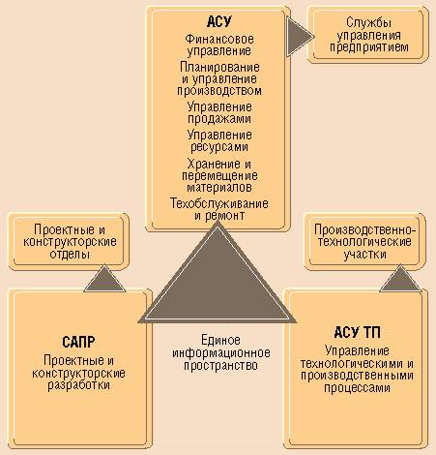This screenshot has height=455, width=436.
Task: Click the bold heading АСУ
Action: [219, 21]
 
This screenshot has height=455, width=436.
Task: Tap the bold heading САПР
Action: [78, 342]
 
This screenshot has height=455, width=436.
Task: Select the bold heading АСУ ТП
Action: [357, 332]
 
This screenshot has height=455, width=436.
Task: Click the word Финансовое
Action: [219, 39]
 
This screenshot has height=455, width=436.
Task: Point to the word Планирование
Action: [219, 67]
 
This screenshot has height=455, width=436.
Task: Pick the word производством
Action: [219, 91]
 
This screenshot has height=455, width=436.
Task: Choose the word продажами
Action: [219, 118]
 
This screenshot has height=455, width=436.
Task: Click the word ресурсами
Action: [219, 147]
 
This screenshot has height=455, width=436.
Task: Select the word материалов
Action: [219, 187]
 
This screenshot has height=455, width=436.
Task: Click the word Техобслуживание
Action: [219, 203]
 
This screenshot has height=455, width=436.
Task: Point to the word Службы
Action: [369, 22]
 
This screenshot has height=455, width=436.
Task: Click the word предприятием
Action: [369, 47]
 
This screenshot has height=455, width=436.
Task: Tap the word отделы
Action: [70, 255]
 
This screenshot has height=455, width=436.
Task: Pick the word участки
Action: [364, 255]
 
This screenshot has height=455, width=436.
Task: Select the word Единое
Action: [220, 340]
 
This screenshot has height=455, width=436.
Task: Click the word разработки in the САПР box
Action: [78, 385]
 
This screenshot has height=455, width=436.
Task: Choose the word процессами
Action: [357, 387]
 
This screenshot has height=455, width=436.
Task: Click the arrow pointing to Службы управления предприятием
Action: [299, 37]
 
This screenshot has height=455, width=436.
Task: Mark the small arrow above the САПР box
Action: [104, 280]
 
